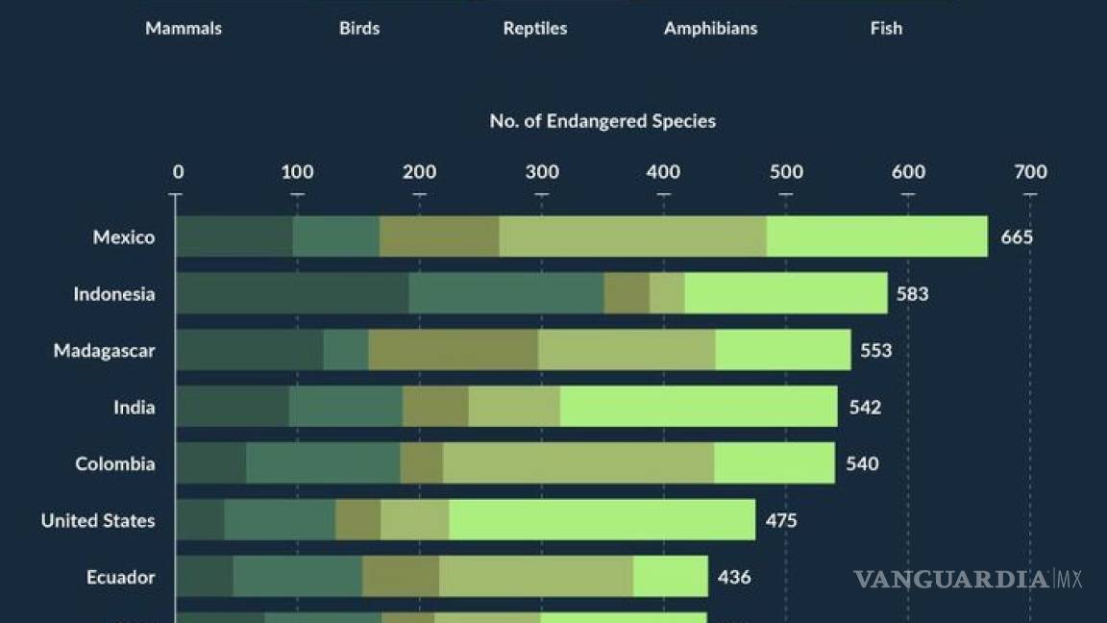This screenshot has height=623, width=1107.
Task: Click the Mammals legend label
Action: (x=184, y=28)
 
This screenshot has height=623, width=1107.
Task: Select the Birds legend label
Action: (x=359, y=28)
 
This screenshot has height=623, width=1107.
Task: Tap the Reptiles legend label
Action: (x=535, y=28)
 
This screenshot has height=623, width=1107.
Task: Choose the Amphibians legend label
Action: (x=710, y=28)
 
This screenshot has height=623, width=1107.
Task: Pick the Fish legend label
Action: (x=886, y=28)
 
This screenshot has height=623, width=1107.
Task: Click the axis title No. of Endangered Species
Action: (x=603, y=121)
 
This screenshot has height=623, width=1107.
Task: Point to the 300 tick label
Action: (x=542, y=172)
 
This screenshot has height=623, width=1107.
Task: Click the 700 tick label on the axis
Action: (x=1030, y=172)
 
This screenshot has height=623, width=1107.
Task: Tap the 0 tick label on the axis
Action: (x=178, y=172)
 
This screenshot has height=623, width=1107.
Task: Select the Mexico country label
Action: (x=124, y=237)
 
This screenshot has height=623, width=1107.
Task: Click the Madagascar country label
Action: (x=104, y=350)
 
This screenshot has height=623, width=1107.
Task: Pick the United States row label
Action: (x=98, y=520)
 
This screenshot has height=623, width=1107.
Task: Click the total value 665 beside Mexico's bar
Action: (x=1017, y=237)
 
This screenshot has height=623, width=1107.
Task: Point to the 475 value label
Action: (x=781, y=520)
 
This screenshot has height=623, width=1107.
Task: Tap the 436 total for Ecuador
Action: (x=734, y=577)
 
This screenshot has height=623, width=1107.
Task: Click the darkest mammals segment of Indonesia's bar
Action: (x=292, y=293)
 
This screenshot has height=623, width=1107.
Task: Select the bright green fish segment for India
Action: (x=699, y=407)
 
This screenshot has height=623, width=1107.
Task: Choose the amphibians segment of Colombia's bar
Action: (x=578, y=463)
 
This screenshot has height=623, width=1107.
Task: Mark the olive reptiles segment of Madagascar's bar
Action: (x=453, y=350)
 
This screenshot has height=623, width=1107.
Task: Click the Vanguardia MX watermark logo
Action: (x=968, y=579)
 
